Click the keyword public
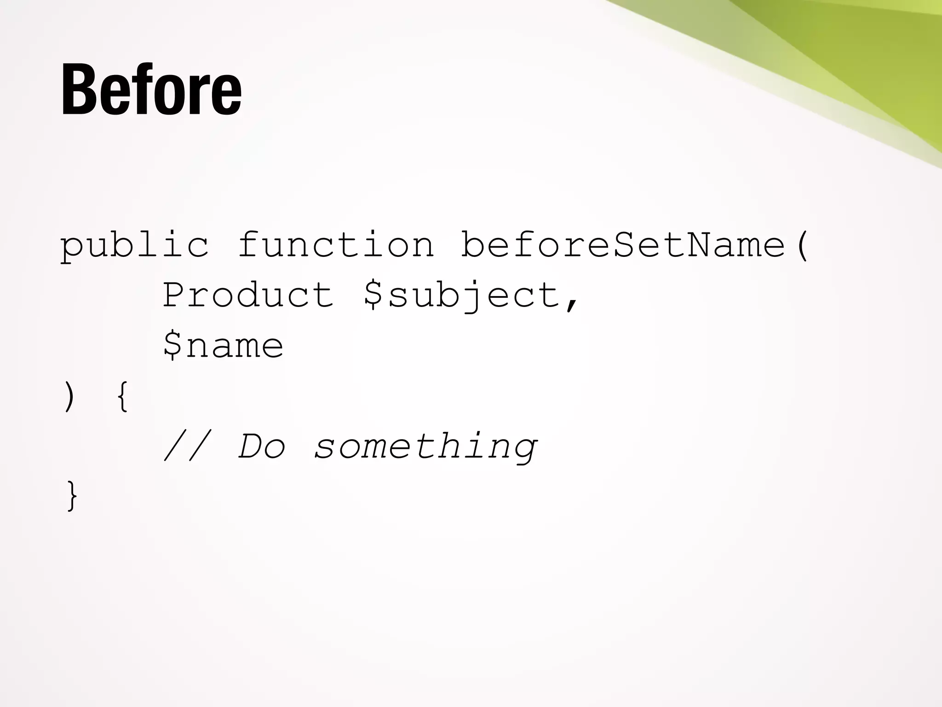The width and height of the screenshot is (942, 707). coord(134,245)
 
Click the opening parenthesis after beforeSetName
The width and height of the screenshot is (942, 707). coord(802,245)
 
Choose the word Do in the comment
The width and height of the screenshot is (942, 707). coord(262,446)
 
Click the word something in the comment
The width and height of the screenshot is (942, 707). coord(425,447)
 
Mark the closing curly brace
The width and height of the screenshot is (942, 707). coord(72,496)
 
